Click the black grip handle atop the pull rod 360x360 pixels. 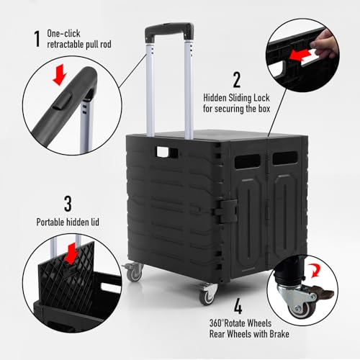171,33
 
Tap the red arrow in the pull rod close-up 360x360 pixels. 60,76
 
